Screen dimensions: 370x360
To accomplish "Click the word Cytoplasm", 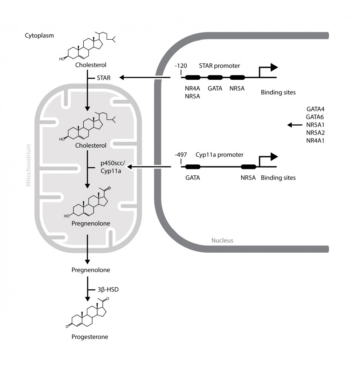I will coord(39,35).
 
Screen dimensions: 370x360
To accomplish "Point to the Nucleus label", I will coord(222,240).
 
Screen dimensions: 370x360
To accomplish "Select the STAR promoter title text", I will coord(220,66).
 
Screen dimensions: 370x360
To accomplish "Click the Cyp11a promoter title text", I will coord(220,155).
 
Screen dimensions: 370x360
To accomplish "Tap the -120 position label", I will coord(181,66).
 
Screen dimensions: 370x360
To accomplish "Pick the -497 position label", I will coord(181,155).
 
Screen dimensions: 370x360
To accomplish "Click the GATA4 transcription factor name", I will coord(315,109).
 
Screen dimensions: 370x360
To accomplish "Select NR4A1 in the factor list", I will coord(315,140).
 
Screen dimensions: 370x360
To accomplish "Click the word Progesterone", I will coord(90,337).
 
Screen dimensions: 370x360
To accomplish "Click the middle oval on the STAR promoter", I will coord(215,78).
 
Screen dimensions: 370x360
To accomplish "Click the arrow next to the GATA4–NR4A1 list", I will coord(294,125).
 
